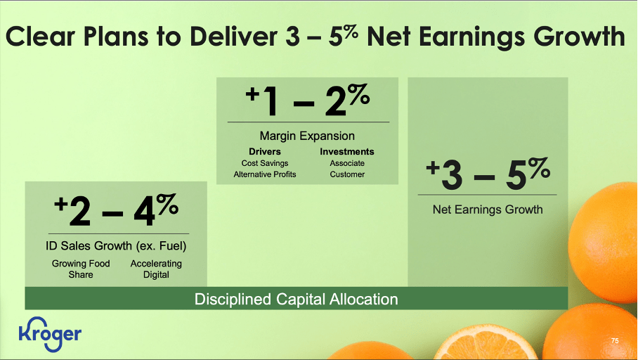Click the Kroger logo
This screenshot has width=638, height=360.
50,333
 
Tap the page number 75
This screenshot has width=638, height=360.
615,341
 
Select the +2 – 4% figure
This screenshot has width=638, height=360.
117,211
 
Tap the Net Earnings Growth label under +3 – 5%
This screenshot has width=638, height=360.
486,209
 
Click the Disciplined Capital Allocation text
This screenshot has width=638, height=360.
296,300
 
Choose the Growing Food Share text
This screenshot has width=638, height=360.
81,269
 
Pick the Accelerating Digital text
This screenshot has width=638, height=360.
156,269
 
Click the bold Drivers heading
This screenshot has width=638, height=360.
264,152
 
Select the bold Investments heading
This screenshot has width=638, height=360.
346,152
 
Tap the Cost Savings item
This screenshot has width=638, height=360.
264,163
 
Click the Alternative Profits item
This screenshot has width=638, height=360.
264,174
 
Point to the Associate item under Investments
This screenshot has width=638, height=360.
346,163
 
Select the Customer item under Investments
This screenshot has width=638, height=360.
346,174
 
